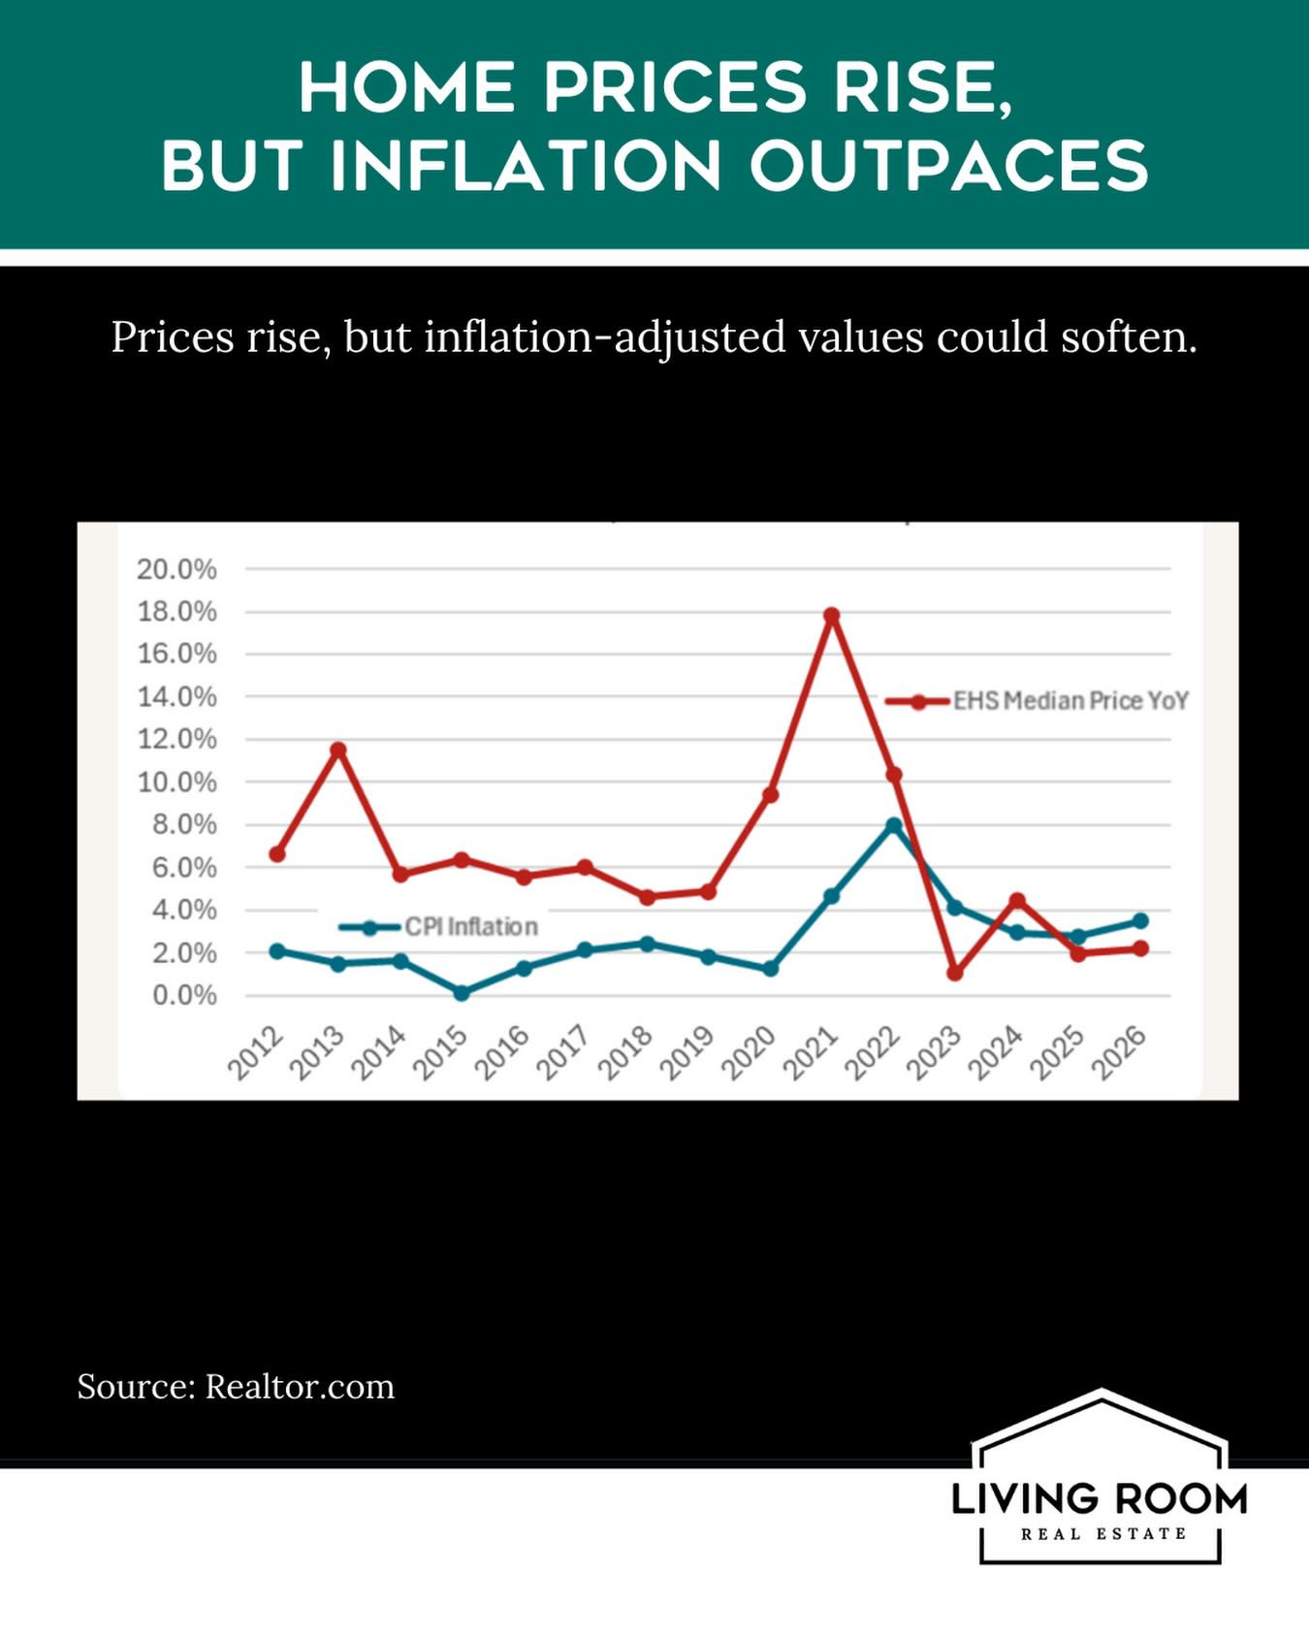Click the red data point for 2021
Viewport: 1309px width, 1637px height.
click(x=831, y=616)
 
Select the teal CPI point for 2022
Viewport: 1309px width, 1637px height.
click(x=894, y=825)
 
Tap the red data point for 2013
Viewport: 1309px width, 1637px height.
click(x=338, y=750)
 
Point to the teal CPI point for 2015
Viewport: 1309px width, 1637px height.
click(x=462, y=993)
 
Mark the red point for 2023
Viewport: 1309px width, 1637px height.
click(x=955, y=973)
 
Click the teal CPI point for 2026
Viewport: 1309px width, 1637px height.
click(x=1140, y=920)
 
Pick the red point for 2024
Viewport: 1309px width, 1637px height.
click(x=1017, y=901)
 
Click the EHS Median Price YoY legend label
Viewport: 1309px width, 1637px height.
click(x=1070, y=700)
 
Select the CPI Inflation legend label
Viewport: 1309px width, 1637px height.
click(x=471, y=927)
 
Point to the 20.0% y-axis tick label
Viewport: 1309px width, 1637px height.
click(x=176, y=569)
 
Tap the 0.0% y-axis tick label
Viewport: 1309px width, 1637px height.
click(x=184, y=996)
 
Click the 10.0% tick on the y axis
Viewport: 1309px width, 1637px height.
click(x=176, y=782)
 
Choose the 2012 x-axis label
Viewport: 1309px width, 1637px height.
click(x=256, y=1053)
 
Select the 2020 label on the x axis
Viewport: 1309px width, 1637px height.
click(x=750, y=1053)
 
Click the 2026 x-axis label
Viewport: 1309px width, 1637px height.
click(x=1120, y=1053)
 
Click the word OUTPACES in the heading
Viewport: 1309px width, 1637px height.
click(x=949, y=165)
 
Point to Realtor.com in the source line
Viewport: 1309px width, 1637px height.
click(x=300, y=1387)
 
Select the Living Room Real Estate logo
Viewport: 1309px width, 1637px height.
click(x=1100, y=1477)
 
